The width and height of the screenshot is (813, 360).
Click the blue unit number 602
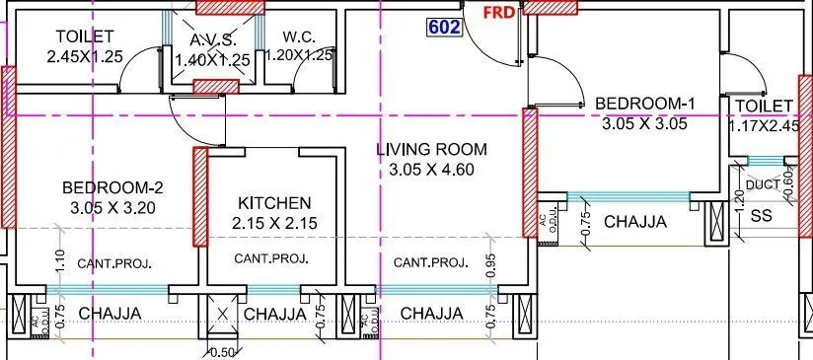click(x=444, y=27)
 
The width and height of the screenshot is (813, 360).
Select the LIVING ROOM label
click(x=432, y=150)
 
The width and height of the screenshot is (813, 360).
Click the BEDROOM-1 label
click(x=635, y=104)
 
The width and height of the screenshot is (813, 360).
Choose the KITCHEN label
click(x=274, y=202)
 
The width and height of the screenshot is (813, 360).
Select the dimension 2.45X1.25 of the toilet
click(x=84, y=56)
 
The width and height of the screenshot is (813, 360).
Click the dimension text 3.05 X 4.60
click(x=432, y=170)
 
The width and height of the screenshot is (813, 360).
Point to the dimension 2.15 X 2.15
click(x=274, y=224)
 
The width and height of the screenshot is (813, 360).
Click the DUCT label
click(x=762, y=184)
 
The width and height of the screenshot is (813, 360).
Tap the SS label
click(x=761, y=215)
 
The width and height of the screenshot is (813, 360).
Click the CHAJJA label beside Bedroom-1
click(x=634, y=221)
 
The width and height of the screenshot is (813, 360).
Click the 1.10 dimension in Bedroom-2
click(x=60, y=260)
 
